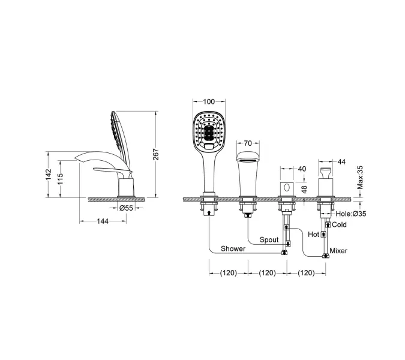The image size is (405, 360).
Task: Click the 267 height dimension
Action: pos(155,154)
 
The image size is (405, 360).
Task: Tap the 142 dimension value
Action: pos(49,175)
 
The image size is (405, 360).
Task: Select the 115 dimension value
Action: pos(60,179)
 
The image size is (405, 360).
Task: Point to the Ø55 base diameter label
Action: pos(127,208)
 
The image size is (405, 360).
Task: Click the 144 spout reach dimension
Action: pos(103,221)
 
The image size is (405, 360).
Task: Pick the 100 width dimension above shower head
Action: pos(209,101)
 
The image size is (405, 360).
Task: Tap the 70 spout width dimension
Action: pos(248,143)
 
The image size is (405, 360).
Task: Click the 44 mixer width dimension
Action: pos(341,161)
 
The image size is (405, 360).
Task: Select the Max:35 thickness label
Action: pos(359,178)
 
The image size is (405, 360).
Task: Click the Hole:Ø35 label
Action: pos(351,214)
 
